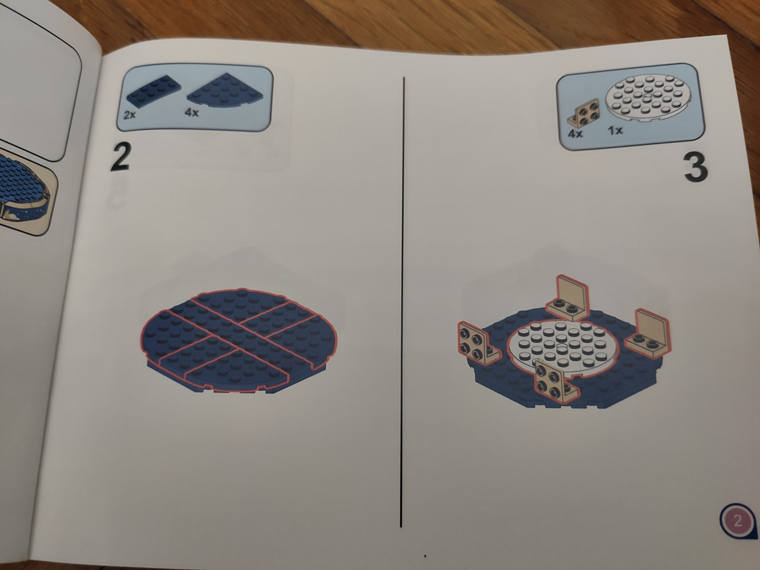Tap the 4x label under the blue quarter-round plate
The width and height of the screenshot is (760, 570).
pyautogui.click(x=191, y=112)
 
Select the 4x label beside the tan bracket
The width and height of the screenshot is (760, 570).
pyautogui.click(x=575, y=133)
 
